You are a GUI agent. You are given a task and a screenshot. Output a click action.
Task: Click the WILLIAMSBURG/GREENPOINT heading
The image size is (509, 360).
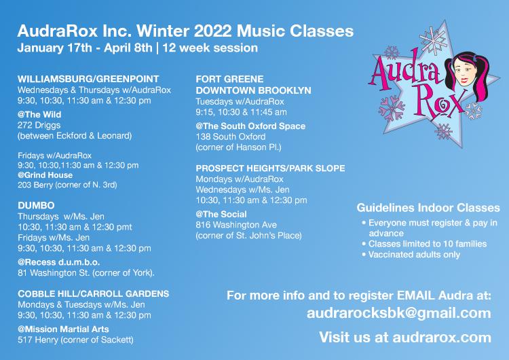click(x=88, y=79)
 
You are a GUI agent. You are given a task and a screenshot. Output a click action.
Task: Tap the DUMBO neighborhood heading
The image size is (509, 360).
click(x=36, y=205)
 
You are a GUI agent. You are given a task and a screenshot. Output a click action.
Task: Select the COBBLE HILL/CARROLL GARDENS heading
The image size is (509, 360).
click(x=94, y=293)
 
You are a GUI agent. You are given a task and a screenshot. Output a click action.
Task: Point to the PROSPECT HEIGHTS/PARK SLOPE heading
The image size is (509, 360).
click(x=270, y=168)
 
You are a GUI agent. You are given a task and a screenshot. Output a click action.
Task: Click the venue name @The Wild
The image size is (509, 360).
click(x=39, y=114)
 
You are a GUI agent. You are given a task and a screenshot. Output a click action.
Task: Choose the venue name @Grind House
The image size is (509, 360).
click(x=45, y=175)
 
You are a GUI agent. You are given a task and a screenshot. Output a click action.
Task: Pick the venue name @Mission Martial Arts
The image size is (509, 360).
click(x=63, y=329)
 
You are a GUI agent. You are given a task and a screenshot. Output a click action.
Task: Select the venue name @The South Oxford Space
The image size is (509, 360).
click(x=250, y=126)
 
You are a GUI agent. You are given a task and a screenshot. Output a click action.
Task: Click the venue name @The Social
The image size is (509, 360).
click(x=221, y=215)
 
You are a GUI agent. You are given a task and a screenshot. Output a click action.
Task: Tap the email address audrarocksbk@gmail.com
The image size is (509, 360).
click(x=398, y=313)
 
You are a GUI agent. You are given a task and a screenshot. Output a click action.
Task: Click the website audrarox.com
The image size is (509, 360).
click(x=442, y=338)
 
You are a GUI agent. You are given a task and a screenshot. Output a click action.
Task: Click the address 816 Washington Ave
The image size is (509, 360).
click(x=236, y=225)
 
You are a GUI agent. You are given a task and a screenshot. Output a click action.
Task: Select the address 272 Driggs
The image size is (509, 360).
click(x=39, y=125)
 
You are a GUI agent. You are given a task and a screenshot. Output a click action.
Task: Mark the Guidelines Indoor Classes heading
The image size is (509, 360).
click(x=428, y=208)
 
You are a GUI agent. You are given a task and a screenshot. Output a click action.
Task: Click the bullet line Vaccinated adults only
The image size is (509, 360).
click(x=411, y=255)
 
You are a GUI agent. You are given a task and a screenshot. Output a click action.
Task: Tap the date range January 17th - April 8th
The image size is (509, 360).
click(x=85, y=48)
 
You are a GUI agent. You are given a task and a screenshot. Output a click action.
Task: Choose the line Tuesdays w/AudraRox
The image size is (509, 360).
click(x=240, y=102)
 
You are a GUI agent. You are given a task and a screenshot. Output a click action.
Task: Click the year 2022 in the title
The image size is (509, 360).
click(x=212, y=31)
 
